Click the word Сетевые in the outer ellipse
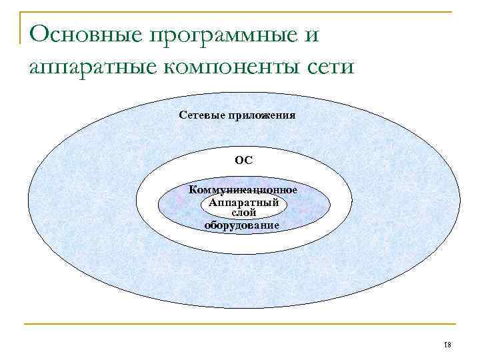coord(203,115)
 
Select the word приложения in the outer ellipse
coord(263,115)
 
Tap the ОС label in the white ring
coord(243,161)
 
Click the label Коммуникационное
coord(243,190)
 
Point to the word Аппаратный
coord(243,202)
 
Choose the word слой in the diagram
coord(243,213)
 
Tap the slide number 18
coord(447,345)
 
